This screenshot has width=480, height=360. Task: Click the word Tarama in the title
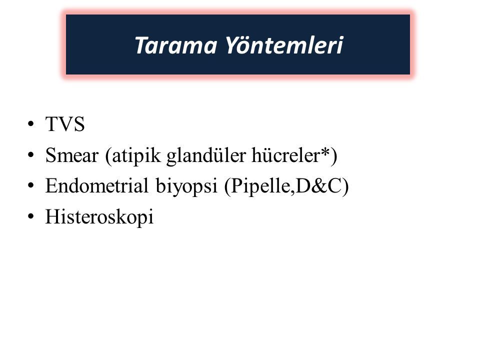175,45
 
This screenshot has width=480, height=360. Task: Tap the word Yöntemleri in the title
284,45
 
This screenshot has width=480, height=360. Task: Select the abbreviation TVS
65,124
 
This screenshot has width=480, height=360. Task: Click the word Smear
71,155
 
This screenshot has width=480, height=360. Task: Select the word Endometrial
96,185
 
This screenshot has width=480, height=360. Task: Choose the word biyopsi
186,186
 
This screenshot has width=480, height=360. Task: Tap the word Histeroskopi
99,216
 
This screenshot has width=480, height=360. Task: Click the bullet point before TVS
30,124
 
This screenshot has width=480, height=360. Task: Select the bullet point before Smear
30,155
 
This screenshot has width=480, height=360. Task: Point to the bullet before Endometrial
30,185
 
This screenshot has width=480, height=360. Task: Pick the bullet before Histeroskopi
30,216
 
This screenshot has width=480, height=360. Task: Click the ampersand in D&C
319,186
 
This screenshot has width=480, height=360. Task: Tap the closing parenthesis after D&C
345,186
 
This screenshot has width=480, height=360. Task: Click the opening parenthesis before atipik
108,156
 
